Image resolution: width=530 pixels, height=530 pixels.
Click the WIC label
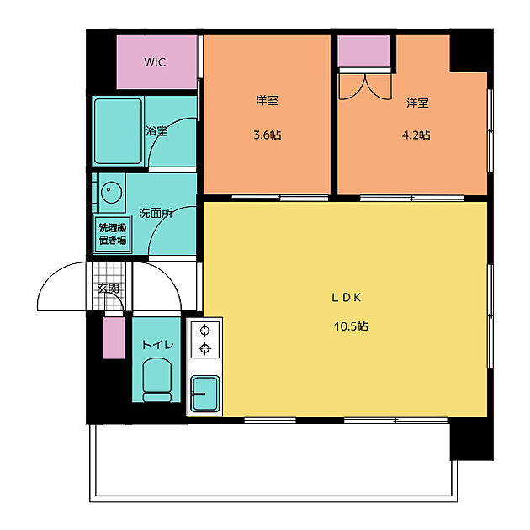tap(155, 62)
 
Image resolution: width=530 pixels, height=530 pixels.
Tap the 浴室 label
tap(156, 131)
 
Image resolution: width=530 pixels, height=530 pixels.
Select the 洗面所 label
tap(156, 214)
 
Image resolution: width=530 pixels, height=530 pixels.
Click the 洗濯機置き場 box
tap(112, 234)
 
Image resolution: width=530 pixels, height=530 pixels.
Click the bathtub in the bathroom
tap(118, 131)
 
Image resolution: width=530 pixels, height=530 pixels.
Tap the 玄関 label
tap(108, 289)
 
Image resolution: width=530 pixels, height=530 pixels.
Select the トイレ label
tap(157, 345)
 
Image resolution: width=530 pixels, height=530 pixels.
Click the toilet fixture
tap(156, 379)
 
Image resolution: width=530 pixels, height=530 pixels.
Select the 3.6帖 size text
tap(267, 135)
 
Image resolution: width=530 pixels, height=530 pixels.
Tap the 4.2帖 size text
tap(416, 135)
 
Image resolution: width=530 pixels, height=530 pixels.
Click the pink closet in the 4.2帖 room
tap(363, 52)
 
